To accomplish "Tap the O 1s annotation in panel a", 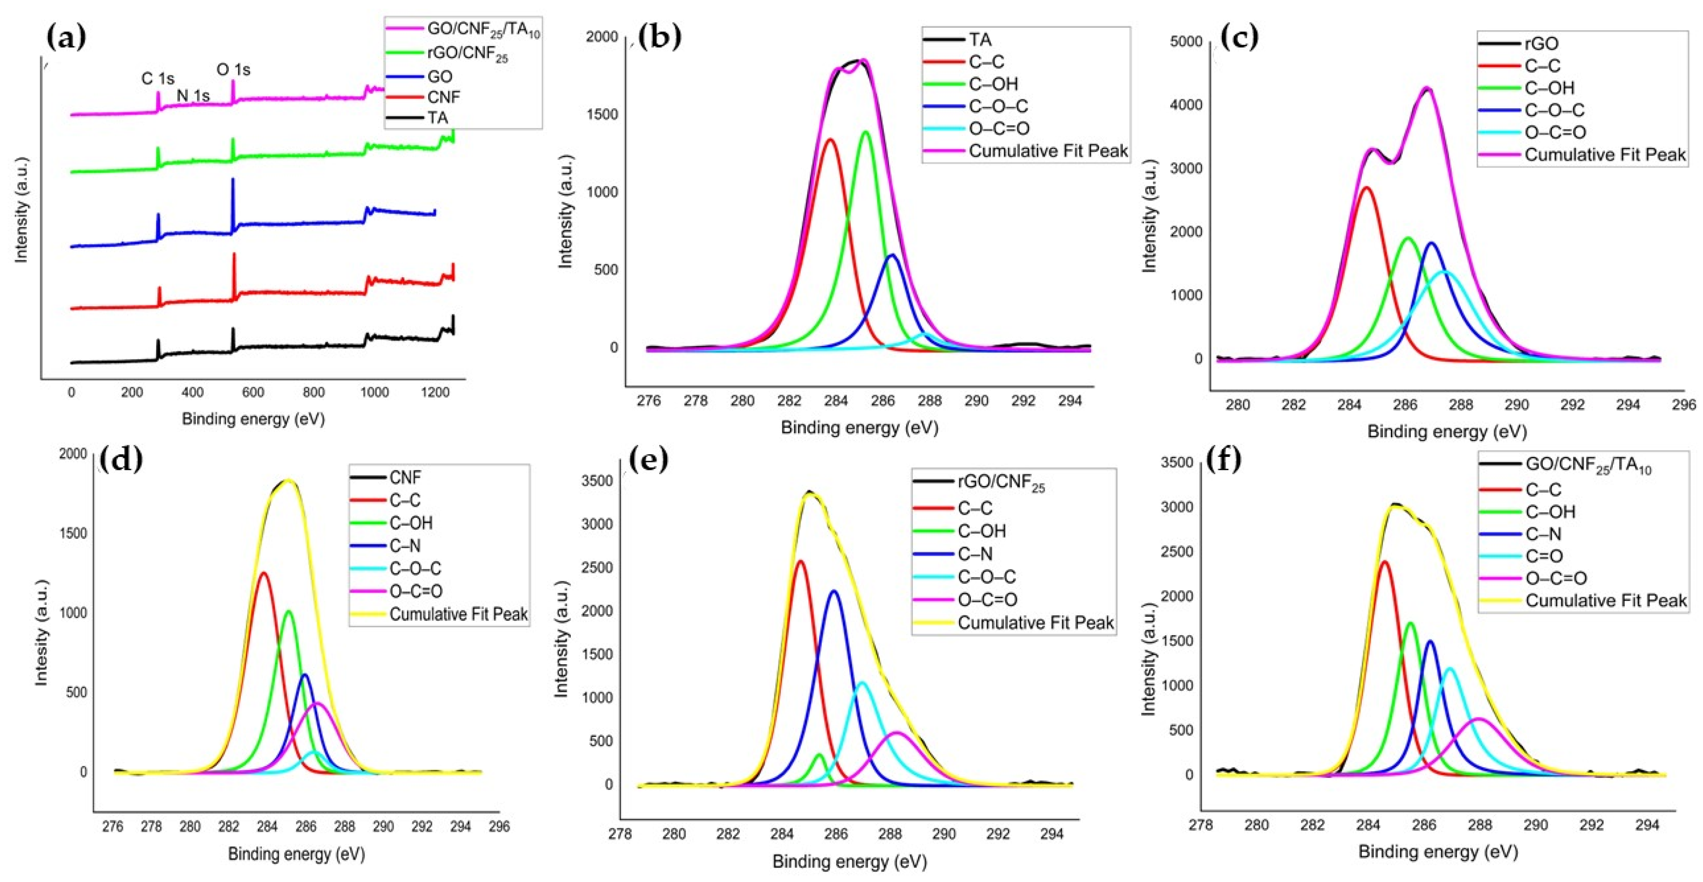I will click(x=233, y=70).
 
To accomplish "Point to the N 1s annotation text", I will click(x=193, y=96).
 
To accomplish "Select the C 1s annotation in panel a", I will click(x=157, y=79).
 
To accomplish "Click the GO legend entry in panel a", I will click(x=440, y=77).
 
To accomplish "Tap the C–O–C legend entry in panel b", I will click(x=998, y=106).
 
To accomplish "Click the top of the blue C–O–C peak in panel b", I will click(x=892, y=255).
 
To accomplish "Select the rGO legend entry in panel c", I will click(x=1541, y=44).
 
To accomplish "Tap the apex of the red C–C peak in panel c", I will click(x=1366, y=188).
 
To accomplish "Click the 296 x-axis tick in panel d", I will click(x=499, y=826).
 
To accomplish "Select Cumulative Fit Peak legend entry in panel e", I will click(x=1035, y=622).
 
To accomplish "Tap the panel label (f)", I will click(x=1224, y=460).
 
